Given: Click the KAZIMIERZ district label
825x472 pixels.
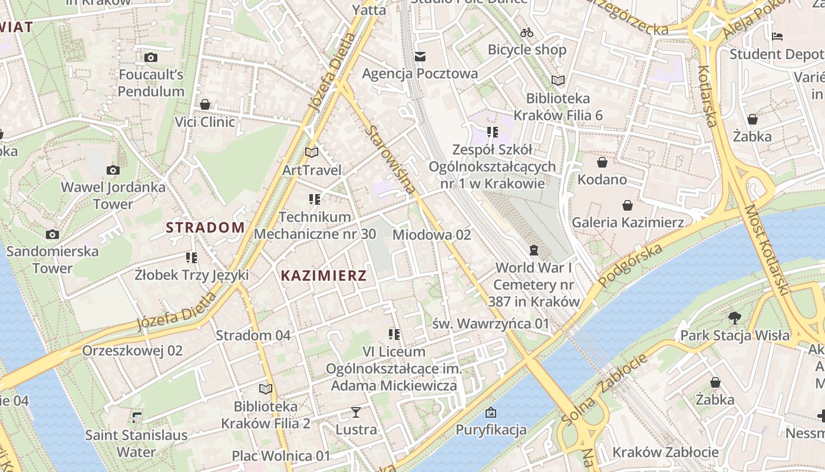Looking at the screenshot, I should pos(324,276).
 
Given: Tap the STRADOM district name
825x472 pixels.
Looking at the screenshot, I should pos(205,228).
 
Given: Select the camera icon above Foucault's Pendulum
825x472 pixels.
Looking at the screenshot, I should pos(151,58).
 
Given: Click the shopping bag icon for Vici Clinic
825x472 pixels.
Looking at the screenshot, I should pos(205,105).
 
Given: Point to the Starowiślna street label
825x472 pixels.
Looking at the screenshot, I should pos(390,159).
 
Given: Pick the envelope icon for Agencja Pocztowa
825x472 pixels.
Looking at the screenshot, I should pos(420,57).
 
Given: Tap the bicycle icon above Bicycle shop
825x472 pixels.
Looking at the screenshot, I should pos(527,32).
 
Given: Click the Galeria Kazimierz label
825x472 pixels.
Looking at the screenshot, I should pos(628,222).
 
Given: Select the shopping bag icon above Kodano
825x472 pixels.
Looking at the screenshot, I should pos(602,162).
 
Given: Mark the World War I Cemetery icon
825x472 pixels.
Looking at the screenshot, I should pos(534,251).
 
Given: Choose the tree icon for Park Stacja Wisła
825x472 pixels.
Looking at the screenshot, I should pos(734,319).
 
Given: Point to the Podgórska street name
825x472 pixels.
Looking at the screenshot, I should pos(630,265).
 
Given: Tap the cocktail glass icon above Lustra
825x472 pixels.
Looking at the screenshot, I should pos(356,412).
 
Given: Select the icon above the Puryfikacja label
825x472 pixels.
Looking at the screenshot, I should pos(490,412).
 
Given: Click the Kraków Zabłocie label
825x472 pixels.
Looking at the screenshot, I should pos(665,453).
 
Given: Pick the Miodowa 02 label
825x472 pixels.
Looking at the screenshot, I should pos(431,235).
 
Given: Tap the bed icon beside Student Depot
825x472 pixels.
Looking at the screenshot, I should pos(777,37).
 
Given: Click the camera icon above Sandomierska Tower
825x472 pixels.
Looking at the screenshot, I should pos(52,235).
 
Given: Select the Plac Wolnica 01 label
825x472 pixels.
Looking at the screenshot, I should pos(281,456).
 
